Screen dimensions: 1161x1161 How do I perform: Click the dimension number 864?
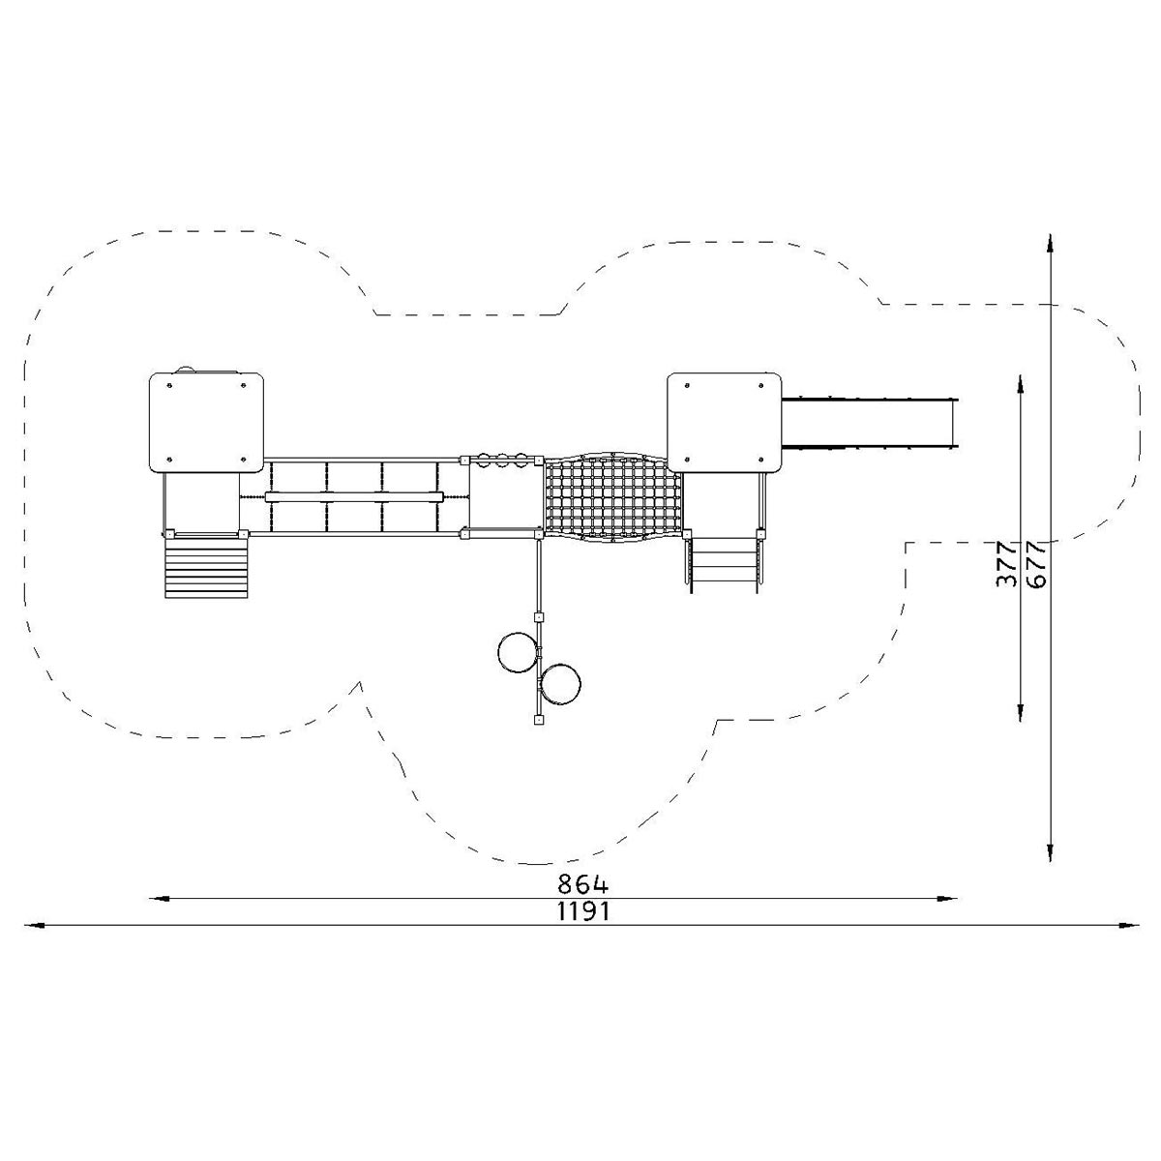click(582, 884)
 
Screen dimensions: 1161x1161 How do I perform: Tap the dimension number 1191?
click(582, 912)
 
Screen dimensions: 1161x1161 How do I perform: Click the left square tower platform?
click(206, 423)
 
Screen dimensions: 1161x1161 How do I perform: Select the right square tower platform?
click(725, 423)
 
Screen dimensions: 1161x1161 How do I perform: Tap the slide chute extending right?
click(870, 423)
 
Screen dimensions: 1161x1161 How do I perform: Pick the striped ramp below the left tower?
click(206, 567)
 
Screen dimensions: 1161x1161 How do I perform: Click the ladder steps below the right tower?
click(723, 564)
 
